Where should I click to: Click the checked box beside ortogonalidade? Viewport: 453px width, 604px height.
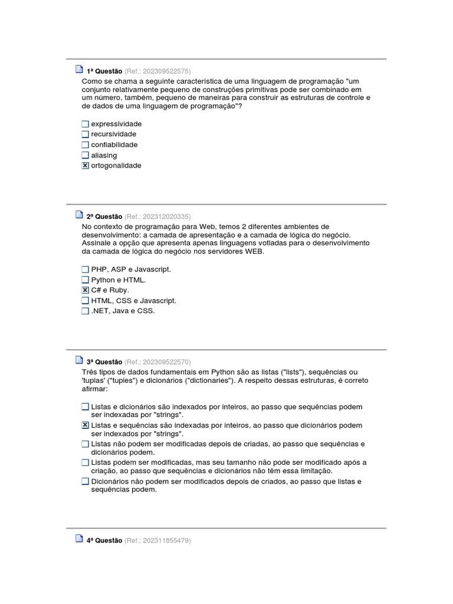pos(85,166)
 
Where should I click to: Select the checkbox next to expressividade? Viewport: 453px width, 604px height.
pos(85,124)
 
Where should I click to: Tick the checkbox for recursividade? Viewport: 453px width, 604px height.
pos(85,134)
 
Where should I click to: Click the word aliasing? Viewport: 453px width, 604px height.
pos(104,155)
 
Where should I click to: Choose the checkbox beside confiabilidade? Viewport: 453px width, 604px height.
pos(85,145)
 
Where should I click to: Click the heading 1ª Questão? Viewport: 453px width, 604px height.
pos(104,71)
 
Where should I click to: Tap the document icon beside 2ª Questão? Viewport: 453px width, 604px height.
pos(79,215)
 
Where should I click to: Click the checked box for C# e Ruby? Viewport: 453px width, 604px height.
pos(85,290)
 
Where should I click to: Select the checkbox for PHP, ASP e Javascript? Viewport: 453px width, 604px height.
pos(85,270)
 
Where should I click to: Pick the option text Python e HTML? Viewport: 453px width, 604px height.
pos(118,280)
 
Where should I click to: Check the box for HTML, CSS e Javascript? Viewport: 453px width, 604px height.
pos(85,301)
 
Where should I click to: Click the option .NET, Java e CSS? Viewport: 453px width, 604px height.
pos(123,311)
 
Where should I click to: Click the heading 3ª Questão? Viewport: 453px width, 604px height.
pos(104,362)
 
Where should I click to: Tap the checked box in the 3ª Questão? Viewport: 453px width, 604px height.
pos(85,425)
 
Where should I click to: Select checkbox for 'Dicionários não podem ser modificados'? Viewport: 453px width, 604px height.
pos(85,482)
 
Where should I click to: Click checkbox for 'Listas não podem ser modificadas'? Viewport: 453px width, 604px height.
pos(85,444)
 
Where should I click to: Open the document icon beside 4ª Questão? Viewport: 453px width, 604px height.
pos(79,539)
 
